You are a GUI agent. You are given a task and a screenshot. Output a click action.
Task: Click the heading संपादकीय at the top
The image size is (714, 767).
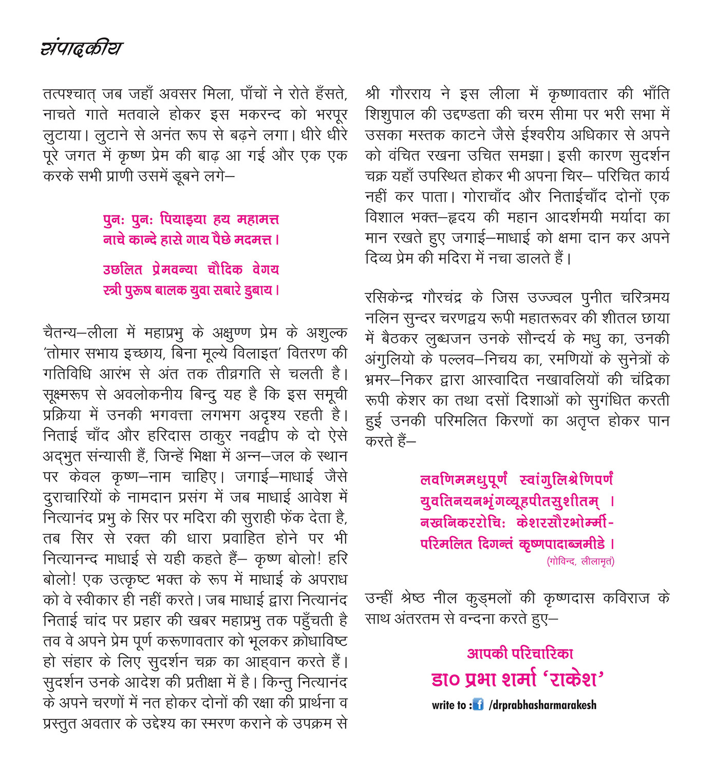coord(81,48)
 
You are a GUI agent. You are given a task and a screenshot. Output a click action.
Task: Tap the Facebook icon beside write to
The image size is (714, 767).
coord(478,704)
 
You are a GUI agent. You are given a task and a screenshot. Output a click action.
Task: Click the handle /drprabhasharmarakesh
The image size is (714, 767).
coord(543,705)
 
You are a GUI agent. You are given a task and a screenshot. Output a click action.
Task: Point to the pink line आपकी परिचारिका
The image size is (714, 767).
coord(520,654)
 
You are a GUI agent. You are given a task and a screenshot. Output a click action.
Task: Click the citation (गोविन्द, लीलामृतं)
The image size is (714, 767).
coord(580,561)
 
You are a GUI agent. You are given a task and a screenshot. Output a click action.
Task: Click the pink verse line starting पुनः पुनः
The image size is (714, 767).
coord(191,220)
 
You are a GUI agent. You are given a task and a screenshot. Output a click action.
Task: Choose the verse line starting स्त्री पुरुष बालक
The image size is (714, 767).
coord(191,290)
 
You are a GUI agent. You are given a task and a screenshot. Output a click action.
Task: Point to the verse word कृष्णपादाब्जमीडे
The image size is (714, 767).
coord(562,544)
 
